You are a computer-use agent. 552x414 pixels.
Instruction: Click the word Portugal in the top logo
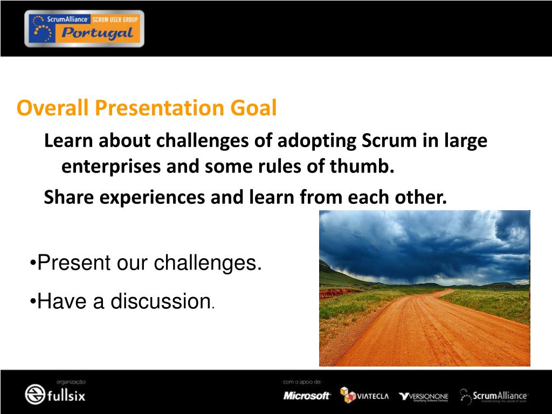97,33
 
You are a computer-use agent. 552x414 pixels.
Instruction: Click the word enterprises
111,167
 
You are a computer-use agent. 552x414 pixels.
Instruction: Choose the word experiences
152,197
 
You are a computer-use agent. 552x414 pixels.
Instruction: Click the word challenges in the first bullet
208,263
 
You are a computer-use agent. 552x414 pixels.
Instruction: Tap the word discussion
161,301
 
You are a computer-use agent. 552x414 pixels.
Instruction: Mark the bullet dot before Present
33,263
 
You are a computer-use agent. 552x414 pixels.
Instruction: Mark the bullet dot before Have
33,301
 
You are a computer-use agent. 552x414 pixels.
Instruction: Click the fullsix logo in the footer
55,394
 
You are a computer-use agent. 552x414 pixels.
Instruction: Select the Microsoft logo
307,396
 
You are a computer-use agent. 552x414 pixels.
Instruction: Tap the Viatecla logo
364,395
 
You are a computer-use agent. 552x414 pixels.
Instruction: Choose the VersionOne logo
424,397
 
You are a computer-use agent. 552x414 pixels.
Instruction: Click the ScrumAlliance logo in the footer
494,396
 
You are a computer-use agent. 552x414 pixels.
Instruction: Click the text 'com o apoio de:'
302,382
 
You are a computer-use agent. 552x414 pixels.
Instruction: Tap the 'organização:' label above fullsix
71,382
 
